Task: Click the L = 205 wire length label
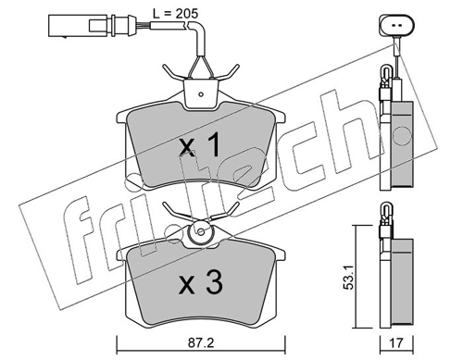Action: tap(175, 13)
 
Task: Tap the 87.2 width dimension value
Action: tap(201, 342)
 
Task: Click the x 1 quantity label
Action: tap(200, 144)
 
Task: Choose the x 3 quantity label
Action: tap(201, 283)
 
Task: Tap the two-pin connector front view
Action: tap(396, 26)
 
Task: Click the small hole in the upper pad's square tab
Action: tap(201, 94)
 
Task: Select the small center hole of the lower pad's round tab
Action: tap(201, 231)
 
